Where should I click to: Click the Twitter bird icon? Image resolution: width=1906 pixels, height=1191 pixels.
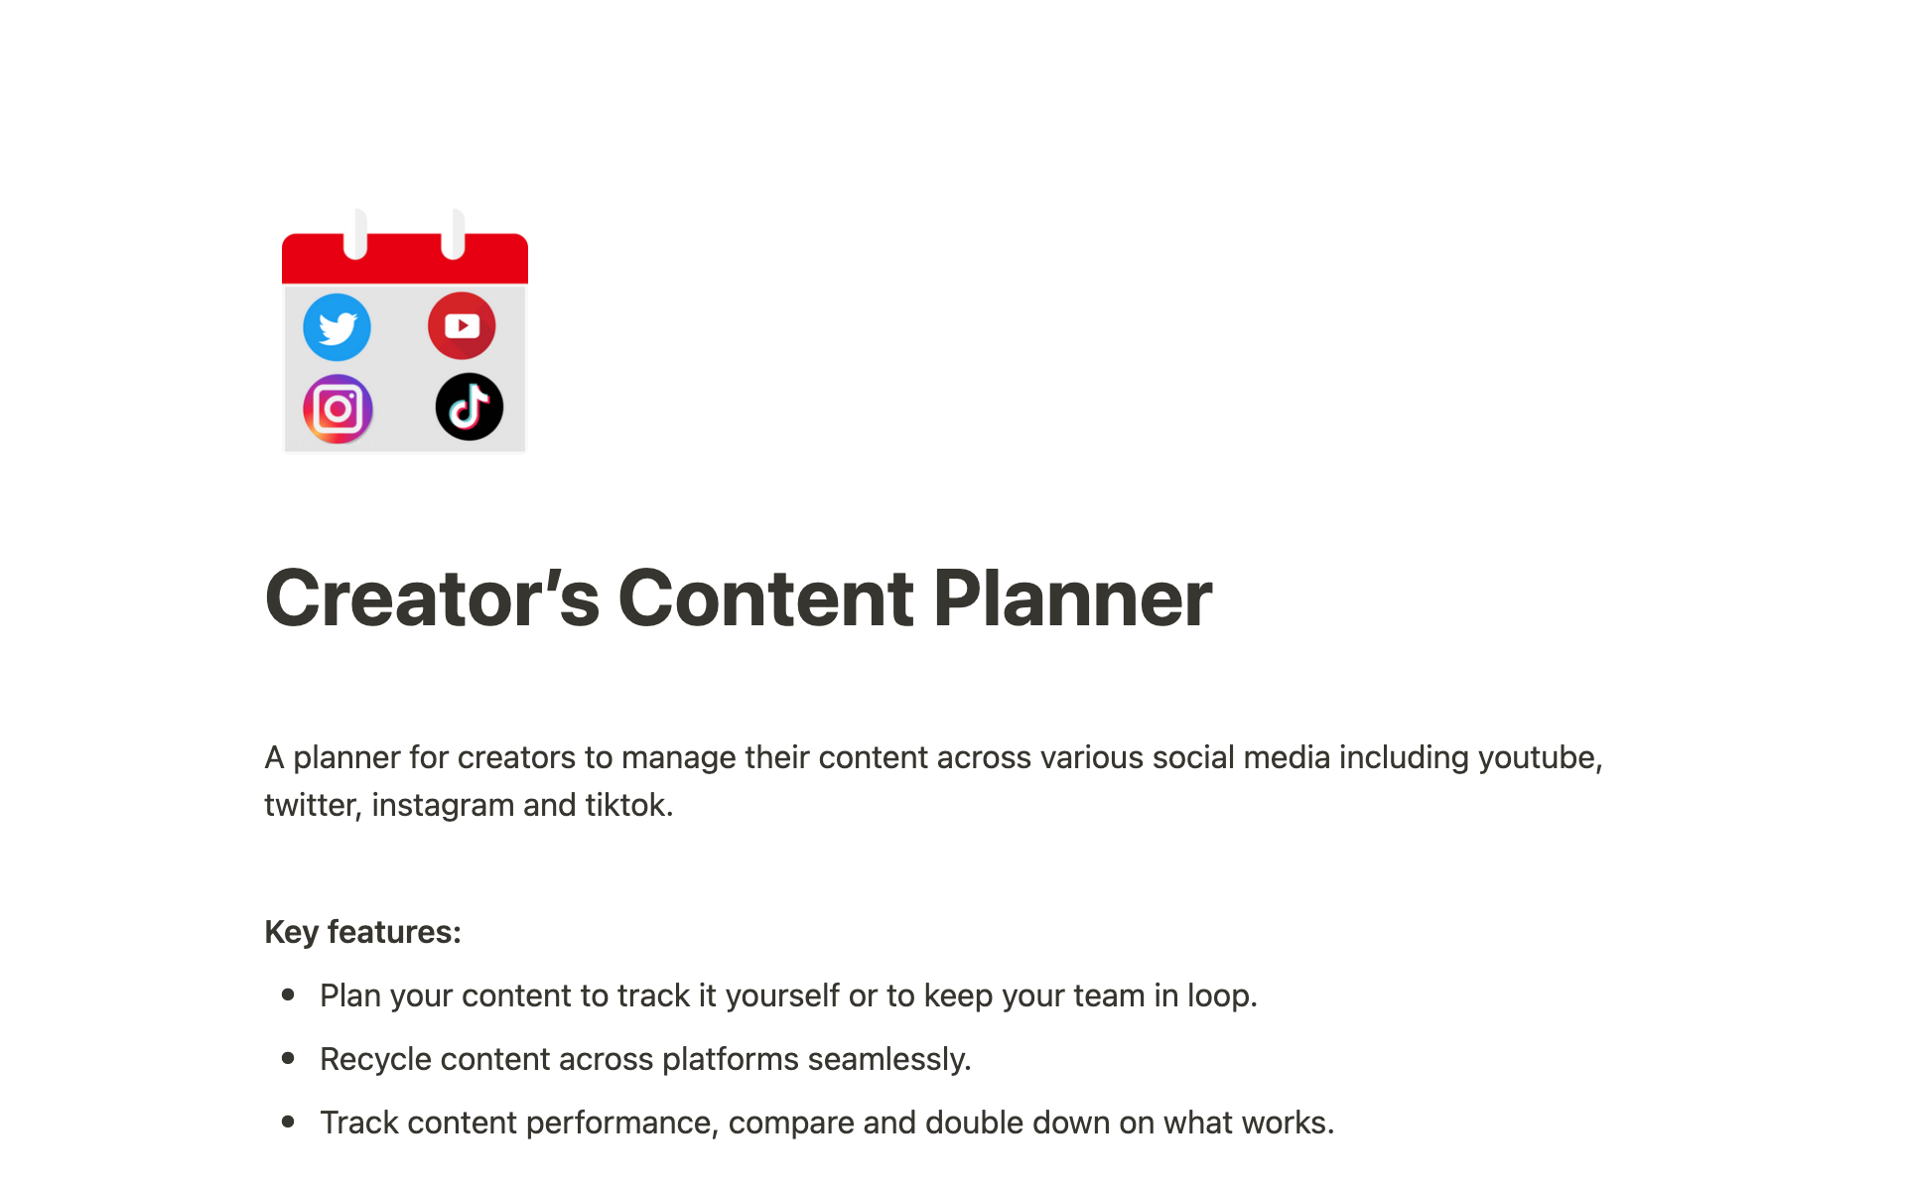(338, 328)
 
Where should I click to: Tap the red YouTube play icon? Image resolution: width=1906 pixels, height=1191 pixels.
(462, 326)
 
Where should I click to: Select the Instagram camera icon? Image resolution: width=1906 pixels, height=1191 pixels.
(338, 409)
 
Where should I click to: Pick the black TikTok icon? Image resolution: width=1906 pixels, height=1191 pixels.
(470, 407)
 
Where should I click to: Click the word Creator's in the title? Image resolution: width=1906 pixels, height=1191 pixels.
(433, 598)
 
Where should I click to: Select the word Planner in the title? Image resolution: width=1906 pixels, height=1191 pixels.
(1072, 598)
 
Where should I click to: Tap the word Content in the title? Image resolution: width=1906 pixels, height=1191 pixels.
(765, 598)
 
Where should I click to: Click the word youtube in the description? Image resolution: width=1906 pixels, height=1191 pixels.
(1540, 757)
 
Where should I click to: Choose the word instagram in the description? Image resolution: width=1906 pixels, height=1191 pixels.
(443, 805)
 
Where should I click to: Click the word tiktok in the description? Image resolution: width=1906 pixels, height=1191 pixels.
(629, 805)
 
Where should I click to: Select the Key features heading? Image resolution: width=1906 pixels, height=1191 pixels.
(363, 932)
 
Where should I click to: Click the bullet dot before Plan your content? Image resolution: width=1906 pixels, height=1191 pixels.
(288, 994)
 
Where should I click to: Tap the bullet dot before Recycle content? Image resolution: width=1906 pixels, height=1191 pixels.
(288, 1058)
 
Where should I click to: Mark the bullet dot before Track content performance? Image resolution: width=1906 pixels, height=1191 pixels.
(288, 1122)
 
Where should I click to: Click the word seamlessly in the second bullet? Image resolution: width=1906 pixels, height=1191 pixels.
(889, 1059)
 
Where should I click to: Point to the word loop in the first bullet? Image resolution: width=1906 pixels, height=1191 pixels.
(1222, 995)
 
